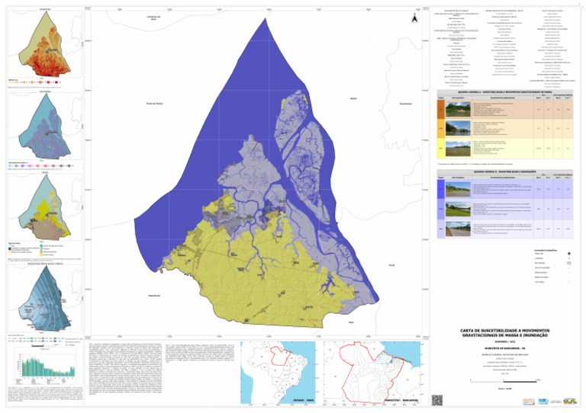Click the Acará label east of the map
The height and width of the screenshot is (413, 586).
pyautogui.click(x=391, y=265)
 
